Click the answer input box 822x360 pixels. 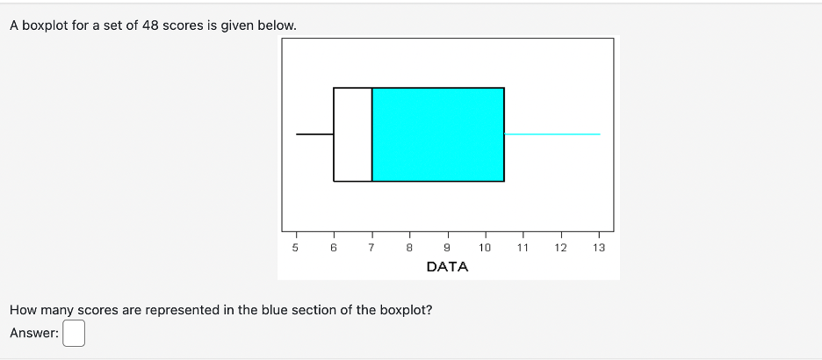74,334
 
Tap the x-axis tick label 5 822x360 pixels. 295,248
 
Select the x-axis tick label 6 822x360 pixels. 334,248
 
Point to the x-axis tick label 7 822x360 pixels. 371,248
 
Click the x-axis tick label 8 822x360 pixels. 409,248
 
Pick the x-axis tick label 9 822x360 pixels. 447,248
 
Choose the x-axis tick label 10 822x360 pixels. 485,248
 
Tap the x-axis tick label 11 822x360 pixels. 523,248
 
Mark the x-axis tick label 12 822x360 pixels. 560,248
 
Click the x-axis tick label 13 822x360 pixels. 599,248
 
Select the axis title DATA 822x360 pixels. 447,267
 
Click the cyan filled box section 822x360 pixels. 437,134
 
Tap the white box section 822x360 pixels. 353,134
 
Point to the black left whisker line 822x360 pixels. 314,134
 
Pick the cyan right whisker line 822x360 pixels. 552,134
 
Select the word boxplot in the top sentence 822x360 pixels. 48,25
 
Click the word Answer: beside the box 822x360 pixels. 34,334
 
